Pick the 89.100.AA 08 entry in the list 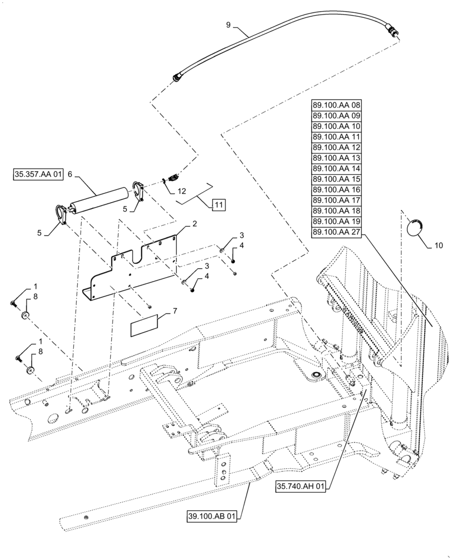(337, 105)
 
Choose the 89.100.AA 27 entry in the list (337, 232)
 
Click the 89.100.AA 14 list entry (337, 169)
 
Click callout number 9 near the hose (228, 25)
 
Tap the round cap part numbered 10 (415, 228)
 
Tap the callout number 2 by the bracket (194, 223)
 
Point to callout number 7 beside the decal (176, 310)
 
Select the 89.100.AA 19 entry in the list (337, 222)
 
